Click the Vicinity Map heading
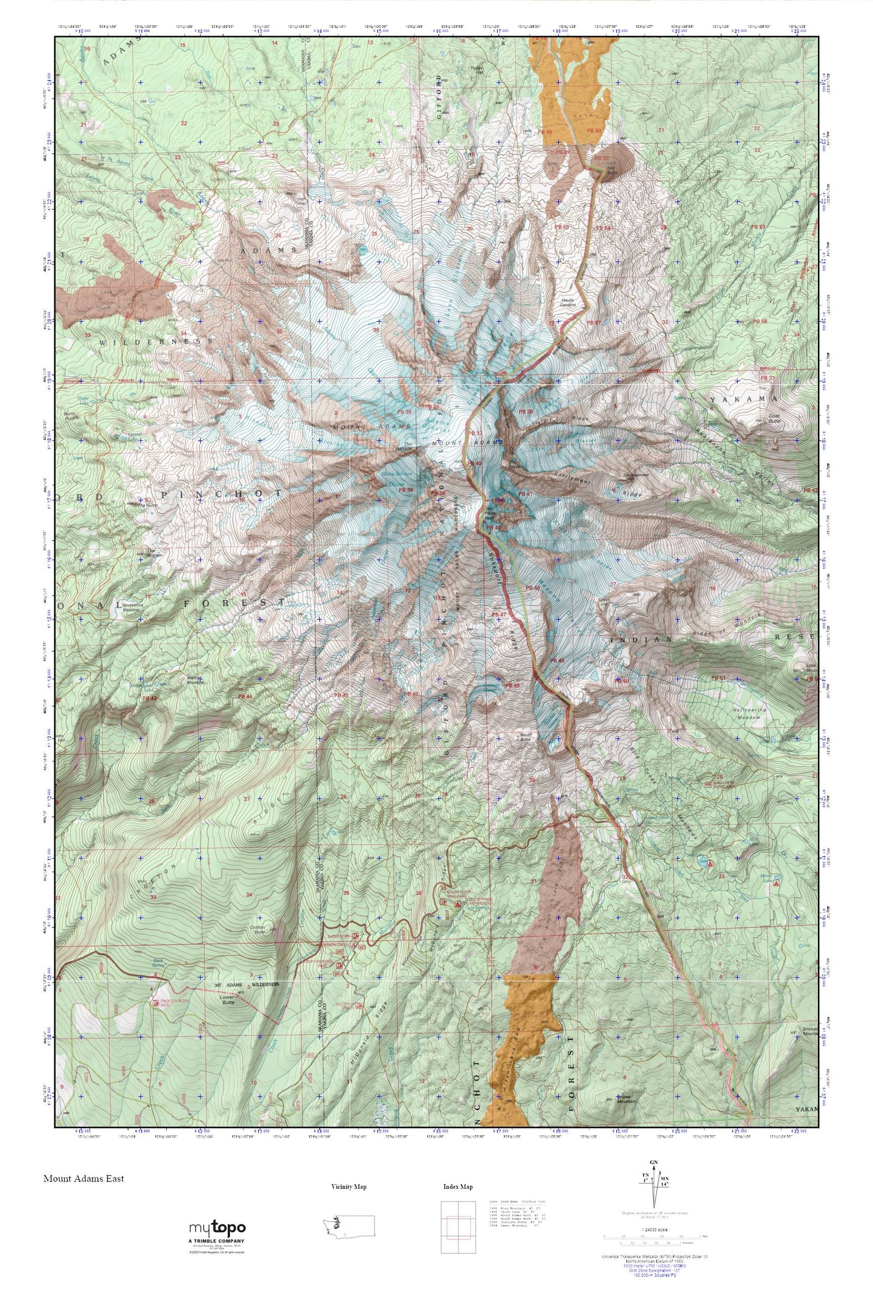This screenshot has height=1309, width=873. (x=349, y=1186)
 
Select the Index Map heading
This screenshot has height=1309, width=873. (x=457, y=1186)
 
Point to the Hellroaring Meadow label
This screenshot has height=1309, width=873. (x=750, y=714)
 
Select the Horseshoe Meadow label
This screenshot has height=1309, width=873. (x=132, y=607)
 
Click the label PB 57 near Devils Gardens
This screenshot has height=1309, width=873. (x=594, y=323)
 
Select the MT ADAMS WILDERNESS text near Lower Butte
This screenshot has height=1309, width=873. (x=248, y=984)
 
